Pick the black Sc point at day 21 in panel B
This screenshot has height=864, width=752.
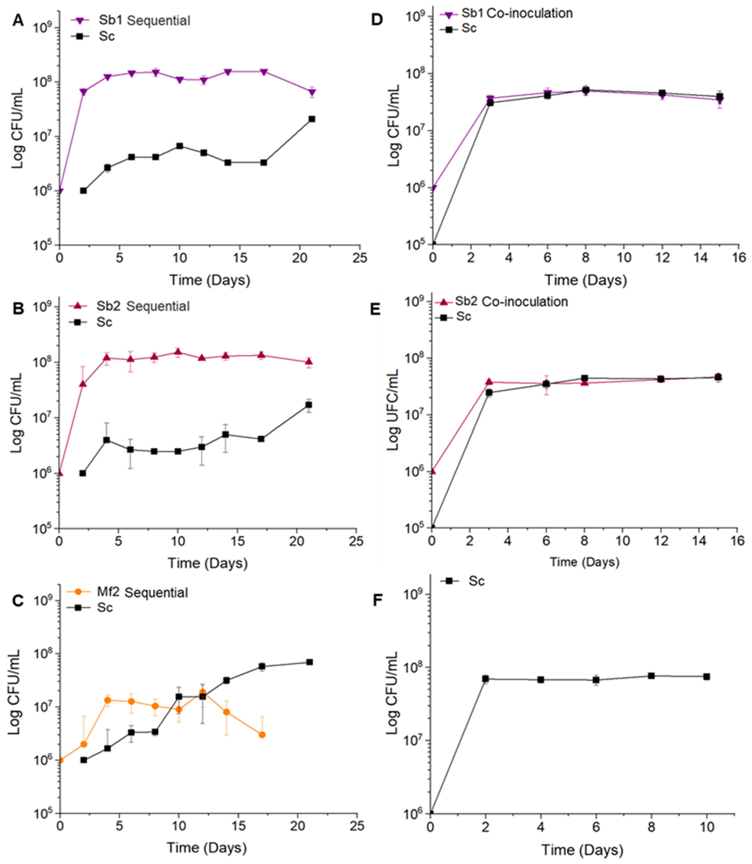pyautogui.click(x=309, y=405)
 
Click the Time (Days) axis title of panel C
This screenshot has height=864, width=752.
pyautogui.click(x=207, y=847)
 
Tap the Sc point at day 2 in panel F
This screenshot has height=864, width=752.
pyautogui.click(x=486, y=679)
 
